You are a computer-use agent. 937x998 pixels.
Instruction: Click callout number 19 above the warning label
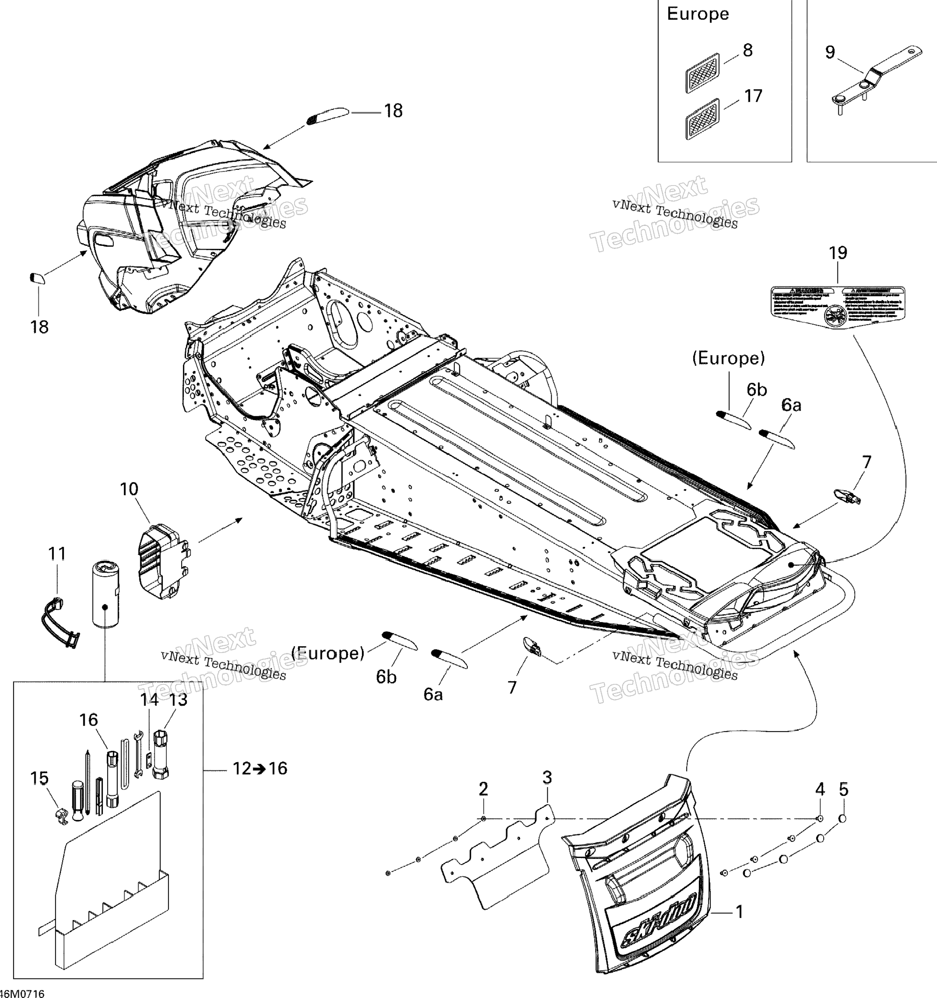838,252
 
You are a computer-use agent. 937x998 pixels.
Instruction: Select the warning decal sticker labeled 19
837,307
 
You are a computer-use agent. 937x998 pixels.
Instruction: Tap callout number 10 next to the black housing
129,488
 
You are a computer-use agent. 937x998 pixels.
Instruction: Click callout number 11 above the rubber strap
57,553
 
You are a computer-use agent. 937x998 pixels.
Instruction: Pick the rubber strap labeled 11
59,623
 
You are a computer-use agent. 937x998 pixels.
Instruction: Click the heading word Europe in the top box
698,14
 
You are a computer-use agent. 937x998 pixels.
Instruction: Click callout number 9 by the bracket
830,52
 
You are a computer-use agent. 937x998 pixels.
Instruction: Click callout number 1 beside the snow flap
739,911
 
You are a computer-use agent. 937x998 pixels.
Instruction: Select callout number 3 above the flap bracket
547,777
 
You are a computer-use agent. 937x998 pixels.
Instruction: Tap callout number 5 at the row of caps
844,789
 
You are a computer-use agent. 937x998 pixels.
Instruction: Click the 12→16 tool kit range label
259,768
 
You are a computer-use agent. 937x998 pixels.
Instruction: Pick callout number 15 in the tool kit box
39,778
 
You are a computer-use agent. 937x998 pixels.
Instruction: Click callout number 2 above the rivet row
483,789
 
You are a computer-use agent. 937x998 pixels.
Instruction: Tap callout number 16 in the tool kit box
88,719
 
